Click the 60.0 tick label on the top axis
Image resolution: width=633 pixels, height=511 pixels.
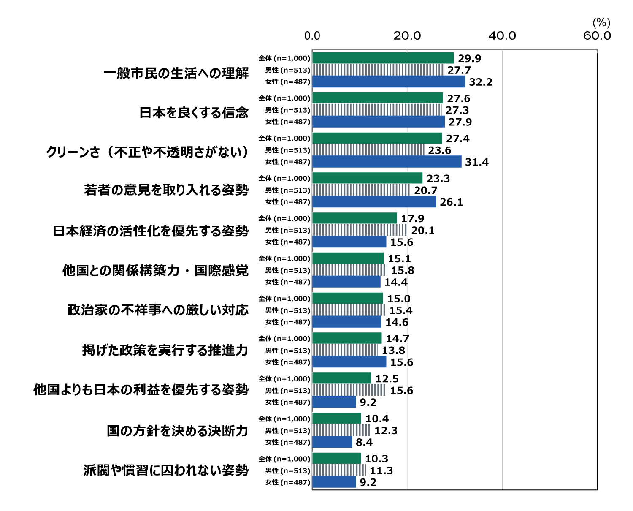[597, 36]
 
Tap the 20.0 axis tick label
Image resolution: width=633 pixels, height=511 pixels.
[407, 36]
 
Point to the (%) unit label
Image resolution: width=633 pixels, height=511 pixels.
[601, 22]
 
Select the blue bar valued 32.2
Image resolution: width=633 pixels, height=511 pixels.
[389, 82]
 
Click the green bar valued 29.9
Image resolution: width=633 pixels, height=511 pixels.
[383, 58]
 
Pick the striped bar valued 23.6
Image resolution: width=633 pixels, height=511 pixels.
[368, 150]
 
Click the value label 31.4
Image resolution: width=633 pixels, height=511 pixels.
[476, 162]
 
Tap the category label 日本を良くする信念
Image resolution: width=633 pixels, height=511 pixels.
[194, 113]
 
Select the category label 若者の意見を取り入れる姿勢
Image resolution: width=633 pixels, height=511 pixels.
[166, 190]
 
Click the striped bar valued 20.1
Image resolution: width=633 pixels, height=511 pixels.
[360, 230]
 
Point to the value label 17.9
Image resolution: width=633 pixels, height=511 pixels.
[412, 219]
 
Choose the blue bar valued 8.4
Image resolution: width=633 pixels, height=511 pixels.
[332, 442]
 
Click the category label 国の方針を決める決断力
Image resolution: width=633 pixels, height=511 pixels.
[177, 431]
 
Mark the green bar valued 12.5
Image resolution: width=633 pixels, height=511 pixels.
[342, 378]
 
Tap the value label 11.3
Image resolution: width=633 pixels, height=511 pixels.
[381, 471]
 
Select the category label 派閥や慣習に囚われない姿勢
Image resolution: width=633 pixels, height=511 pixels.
[166, 470]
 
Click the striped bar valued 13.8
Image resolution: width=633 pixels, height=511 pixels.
[345, 350]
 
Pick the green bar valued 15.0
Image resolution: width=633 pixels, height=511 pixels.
[348, 298]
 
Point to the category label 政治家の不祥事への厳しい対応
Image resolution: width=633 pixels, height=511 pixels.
[158, 310]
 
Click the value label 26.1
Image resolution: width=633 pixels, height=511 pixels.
[451, 202]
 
